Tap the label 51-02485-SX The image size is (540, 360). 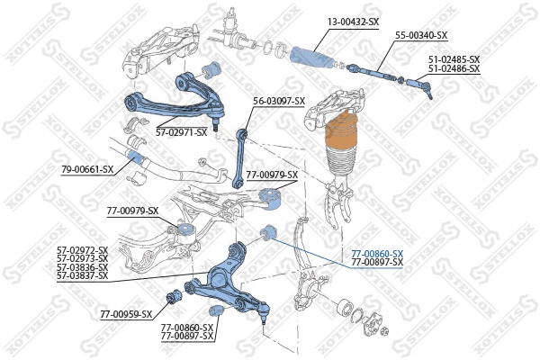pos(454,59)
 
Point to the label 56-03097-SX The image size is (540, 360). pos(279,101)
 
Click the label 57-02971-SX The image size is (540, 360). pos(181,132)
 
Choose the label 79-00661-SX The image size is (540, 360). pos(87,169)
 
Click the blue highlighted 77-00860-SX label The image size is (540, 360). pos(377,254)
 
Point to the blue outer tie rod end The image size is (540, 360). pos(420,88)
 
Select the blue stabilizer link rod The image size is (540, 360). pos(239,157)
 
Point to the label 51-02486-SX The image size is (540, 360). pos(454,68)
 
